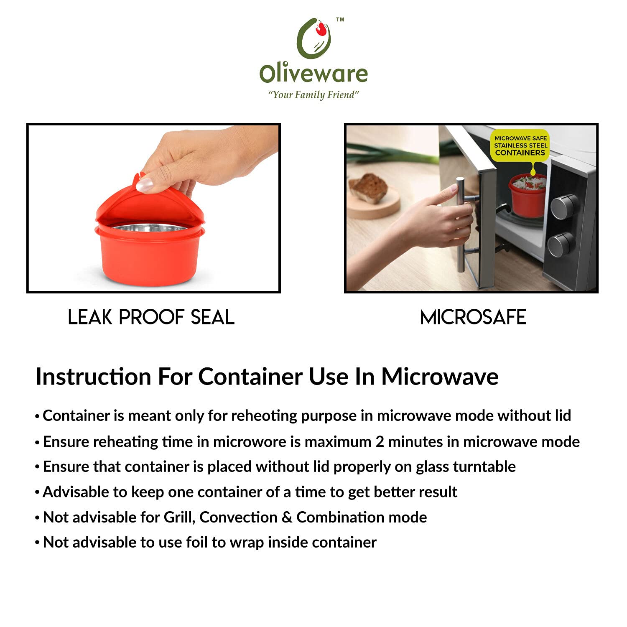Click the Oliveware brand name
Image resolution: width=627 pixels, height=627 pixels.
(313, 74)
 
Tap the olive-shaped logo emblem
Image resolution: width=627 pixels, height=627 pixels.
(314, 38)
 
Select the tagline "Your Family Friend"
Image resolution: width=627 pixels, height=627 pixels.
(313, 95)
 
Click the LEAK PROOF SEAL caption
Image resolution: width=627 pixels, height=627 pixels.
(151, 317)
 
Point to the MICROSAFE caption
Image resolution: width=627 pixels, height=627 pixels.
(473, 317)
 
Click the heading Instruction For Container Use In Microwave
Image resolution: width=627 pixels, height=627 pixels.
(267, 377)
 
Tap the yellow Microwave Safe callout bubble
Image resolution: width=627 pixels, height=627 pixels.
(520, 146)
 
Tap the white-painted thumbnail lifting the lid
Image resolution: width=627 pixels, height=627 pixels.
(145, 184)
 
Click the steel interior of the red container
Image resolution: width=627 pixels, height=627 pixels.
(150, 227)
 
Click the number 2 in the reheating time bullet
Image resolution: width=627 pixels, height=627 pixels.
(380, 442)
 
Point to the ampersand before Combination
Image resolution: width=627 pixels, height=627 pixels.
(287, 517)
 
